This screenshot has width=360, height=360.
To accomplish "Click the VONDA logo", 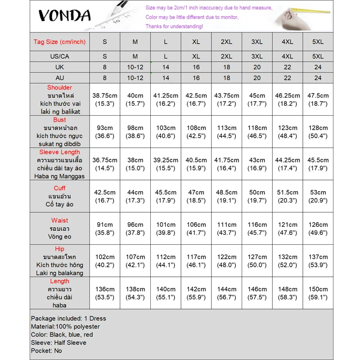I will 64,15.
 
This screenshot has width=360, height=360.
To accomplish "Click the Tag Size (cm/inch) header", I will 59,42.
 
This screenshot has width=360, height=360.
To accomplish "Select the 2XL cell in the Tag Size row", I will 226,42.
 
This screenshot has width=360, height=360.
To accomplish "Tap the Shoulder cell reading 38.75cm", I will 105,99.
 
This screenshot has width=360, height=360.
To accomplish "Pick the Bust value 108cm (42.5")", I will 196,132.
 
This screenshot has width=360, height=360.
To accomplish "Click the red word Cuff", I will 59,188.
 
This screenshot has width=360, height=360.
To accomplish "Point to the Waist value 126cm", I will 318,229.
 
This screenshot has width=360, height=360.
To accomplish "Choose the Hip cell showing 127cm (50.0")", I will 257,261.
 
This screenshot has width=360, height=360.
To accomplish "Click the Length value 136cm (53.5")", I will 105,293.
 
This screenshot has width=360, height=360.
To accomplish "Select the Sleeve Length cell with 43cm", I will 257,164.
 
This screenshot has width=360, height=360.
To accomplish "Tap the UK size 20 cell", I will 257,67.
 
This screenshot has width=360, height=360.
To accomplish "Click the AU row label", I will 59,77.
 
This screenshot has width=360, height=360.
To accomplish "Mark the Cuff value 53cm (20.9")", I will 318,196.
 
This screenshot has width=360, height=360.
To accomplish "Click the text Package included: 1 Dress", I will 68,318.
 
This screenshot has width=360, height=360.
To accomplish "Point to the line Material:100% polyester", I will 65,326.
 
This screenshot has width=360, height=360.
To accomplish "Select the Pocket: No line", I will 46,351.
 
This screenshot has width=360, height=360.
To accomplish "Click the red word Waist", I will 59,220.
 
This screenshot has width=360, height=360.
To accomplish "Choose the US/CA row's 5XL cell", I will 318,57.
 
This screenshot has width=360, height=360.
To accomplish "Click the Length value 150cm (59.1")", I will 318,293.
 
